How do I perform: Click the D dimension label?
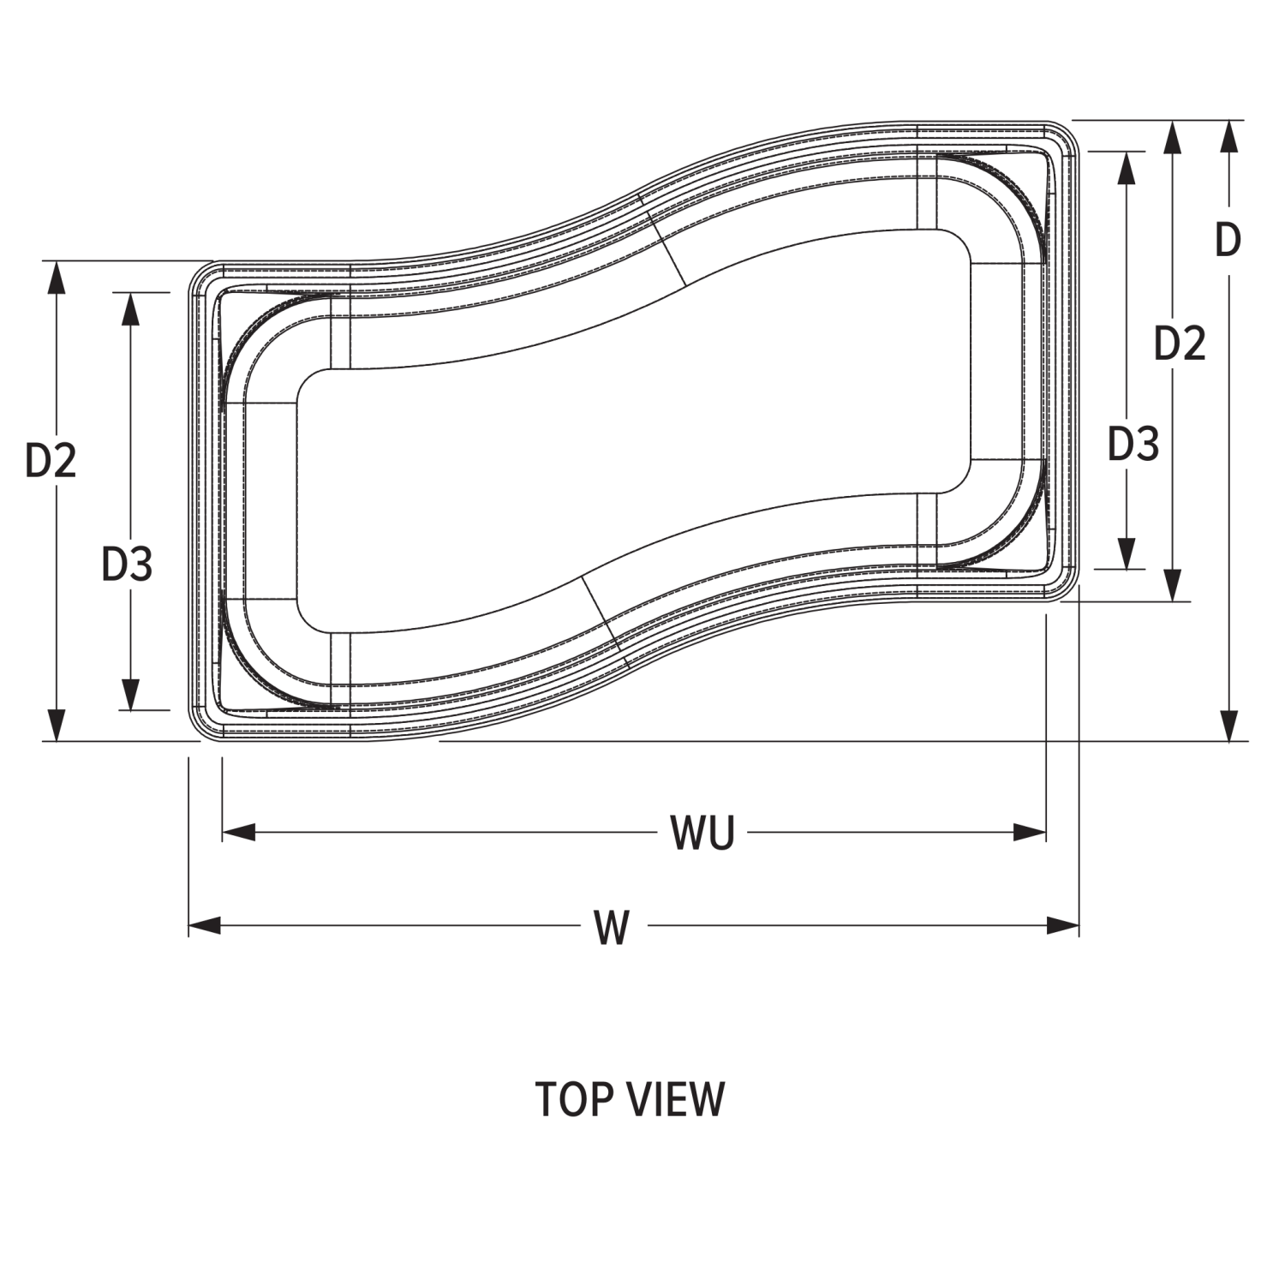[x=1228, y=240]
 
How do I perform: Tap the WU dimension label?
[x=702, y=833]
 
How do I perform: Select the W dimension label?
[x=613, y=928]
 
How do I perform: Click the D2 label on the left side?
[x=51, y=460]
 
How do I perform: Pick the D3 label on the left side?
[x=127, y=564]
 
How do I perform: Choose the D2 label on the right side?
[x=1180, y=343]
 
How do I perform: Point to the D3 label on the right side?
[x=1133, y=444]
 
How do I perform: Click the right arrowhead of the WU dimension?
[x=1030, y=832]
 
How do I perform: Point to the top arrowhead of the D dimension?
[x=1229, y=137]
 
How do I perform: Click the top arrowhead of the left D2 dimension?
[x=56, y=278]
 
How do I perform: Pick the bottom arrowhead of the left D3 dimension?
[x=130, y=695]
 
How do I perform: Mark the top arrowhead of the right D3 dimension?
[x=1127, y=168]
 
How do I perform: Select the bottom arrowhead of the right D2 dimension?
[x=1174, y=584]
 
